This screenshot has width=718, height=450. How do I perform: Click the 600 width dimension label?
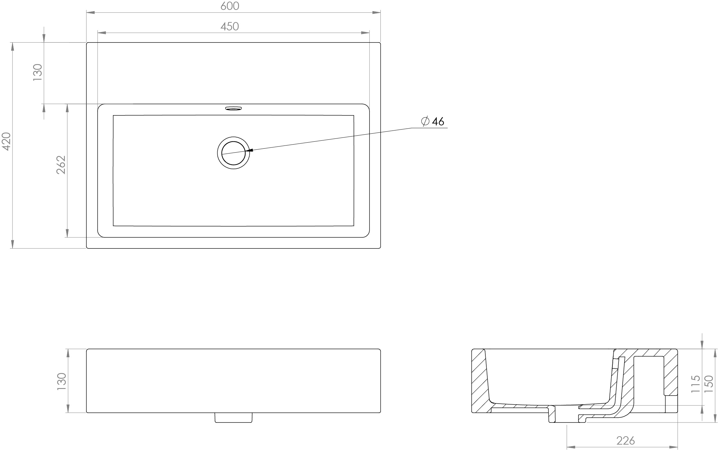point(230,6)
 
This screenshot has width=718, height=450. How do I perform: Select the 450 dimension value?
point(230,26)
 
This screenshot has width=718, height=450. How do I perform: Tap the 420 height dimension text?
point(6,141)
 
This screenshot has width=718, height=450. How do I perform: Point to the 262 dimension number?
point(61,165)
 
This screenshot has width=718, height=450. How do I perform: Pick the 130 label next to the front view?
point(61,381)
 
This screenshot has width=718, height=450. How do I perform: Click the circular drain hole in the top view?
point(233,153)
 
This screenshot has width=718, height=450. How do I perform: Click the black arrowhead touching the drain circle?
point(249,150)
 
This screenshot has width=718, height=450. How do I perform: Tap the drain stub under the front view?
point(233,417)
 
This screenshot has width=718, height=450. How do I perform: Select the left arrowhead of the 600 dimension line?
point(91,12)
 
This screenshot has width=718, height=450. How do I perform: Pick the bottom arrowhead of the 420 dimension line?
point(12,244)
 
